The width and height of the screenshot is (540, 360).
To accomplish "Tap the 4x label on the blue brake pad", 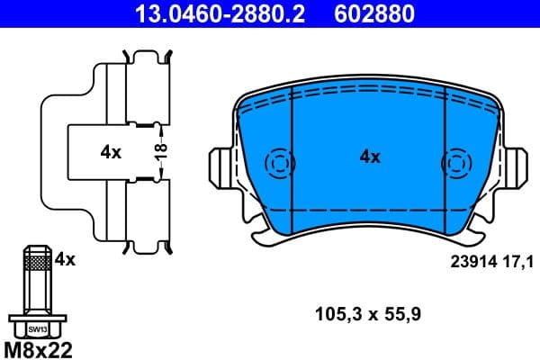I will coord(370,157).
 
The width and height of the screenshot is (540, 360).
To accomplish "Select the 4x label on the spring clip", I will coord(111,152).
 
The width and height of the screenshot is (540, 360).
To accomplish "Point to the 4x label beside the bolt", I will coord(65,259).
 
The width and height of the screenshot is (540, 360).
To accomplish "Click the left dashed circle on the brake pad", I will coord(280,164).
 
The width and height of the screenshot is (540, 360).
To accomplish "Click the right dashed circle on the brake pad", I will coord(454,164).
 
